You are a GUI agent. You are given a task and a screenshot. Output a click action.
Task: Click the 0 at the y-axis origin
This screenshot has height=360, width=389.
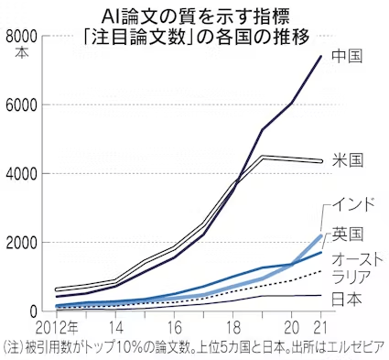click(x=33, y=311)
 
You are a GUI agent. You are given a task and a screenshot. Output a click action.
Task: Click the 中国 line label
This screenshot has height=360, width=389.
click(x=347, y=56)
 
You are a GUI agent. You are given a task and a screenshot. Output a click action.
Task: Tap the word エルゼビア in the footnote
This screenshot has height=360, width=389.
click(x=353, y=348)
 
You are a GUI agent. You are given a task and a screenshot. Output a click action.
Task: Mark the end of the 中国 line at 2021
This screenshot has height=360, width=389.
click(x=320, y=57)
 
